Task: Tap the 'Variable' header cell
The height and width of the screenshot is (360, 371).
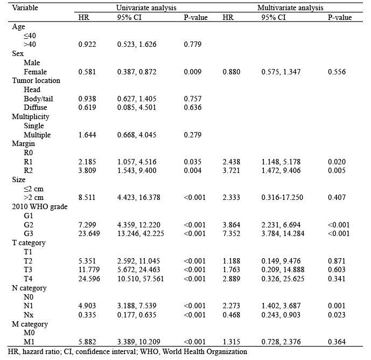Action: click(25, 8)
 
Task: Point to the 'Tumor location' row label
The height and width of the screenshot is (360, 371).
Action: click(36, 80)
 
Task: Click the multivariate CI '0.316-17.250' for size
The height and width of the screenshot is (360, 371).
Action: click(283, 198)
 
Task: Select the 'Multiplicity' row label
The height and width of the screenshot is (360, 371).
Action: click(31, 116)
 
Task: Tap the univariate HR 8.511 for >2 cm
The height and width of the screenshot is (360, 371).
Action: click(87, 198)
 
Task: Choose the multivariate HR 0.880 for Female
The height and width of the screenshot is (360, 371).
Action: click(231, 72)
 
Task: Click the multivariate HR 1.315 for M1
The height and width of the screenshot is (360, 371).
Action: click(231, 342)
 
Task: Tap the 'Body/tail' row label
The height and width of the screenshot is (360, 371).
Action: click(38, 99)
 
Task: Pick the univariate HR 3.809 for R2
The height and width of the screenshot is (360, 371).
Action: click(87, 171)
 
